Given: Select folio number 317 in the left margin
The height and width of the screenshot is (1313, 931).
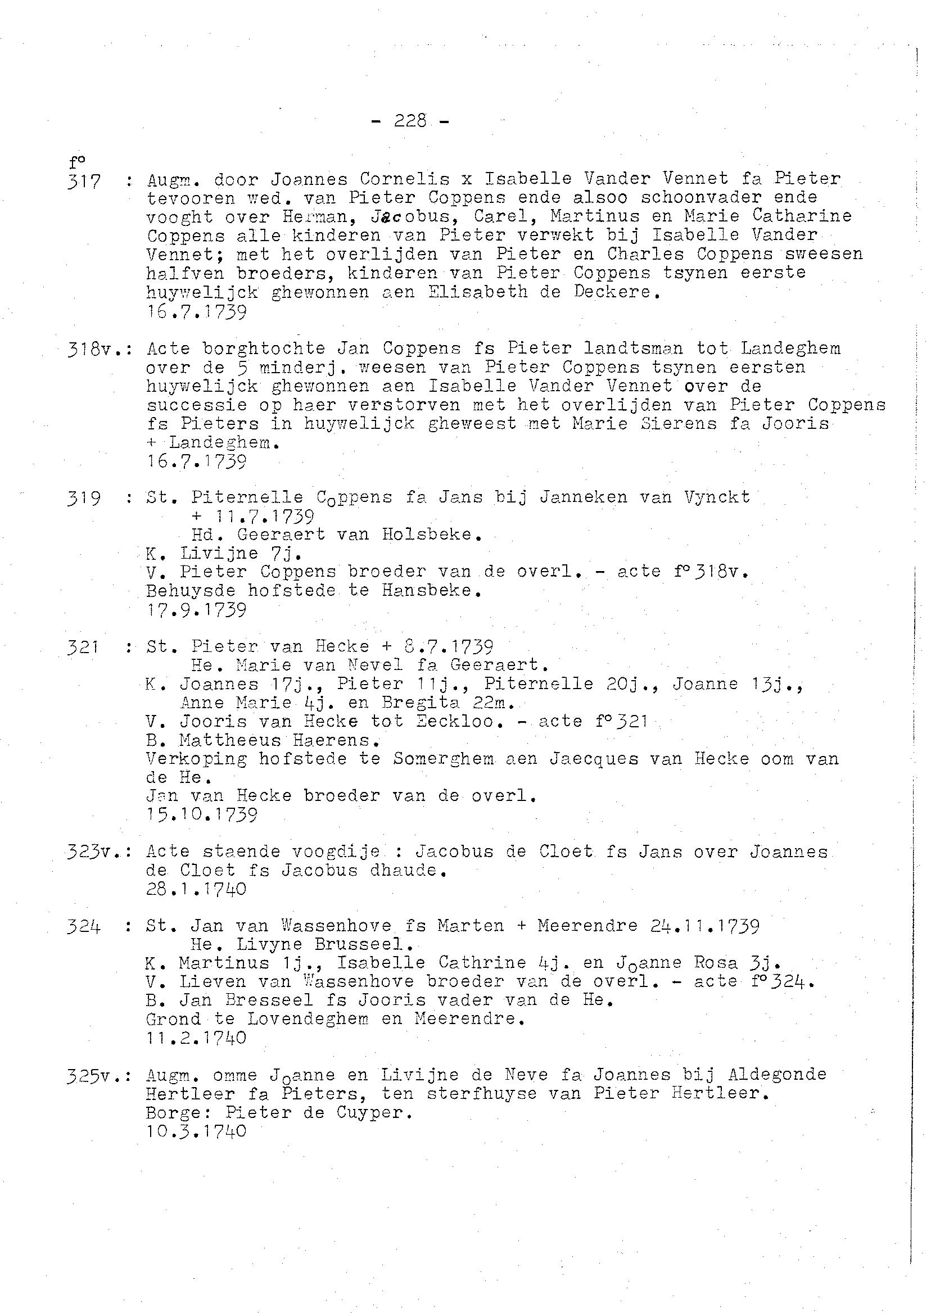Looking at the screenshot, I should coord(84,182).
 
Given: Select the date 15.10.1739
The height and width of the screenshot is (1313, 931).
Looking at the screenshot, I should coord(202,814).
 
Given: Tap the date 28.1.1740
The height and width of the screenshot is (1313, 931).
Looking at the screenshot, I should coord(196,889).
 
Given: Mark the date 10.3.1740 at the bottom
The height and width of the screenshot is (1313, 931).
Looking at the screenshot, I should coord(196,1131).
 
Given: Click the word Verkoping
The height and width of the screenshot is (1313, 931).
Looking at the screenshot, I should coord(196,759).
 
